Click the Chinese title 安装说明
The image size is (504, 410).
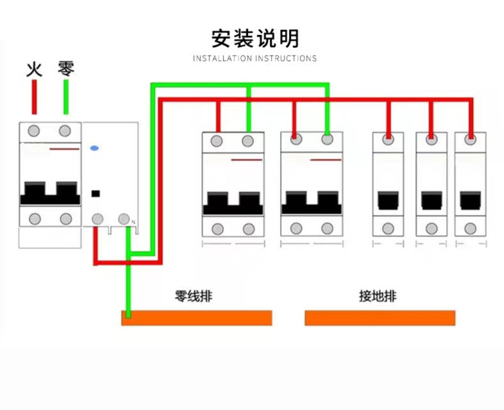(x=255, y=38)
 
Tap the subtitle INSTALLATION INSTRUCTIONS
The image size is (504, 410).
(x=255, y=59)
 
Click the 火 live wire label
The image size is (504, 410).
(x=34, y=68)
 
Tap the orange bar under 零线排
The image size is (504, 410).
(x=197, y=318)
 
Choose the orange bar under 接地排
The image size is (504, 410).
(x=380, y=318)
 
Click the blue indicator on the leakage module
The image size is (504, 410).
(x=94, y=147)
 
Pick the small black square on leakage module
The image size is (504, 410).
(x=96, y=193)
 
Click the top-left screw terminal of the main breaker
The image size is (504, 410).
(x=34, y=131)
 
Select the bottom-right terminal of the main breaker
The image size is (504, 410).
(x=66, y=219)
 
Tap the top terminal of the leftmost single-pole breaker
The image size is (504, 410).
(x=388, y=139)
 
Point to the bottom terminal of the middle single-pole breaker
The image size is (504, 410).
(x=431, y=228)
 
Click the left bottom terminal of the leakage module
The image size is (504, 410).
(x=97, y=219)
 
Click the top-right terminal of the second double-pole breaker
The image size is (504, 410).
(x=327, y=140)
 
